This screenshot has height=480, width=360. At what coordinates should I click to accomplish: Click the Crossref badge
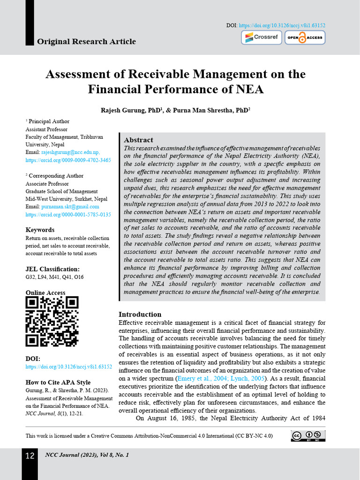click(262, 37)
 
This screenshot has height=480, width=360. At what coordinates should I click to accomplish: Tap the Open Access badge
click(305, 37)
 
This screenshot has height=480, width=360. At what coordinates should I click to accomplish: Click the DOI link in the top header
click(282, 25)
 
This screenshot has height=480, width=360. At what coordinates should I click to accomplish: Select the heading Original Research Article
click(86, 42)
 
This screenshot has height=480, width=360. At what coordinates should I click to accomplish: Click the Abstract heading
click(138, 140)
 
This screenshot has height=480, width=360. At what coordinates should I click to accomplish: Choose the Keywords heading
click(40, 230)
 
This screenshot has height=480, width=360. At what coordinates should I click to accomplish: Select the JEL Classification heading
click(52, 269)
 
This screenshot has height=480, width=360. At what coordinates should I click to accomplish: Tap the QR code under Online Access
click(52, 322)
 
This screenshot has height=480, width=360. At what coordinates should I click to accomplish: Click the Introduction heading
click(140, 314)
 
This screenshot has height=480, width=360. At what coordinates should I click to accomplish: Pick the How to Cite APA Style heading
click(58, 382)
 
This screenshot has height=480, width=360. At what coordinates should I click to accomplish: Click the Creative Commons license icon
click(308, 436)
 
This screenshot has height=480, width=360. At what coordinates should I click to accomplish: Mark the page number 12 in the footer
click(30, 456)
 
